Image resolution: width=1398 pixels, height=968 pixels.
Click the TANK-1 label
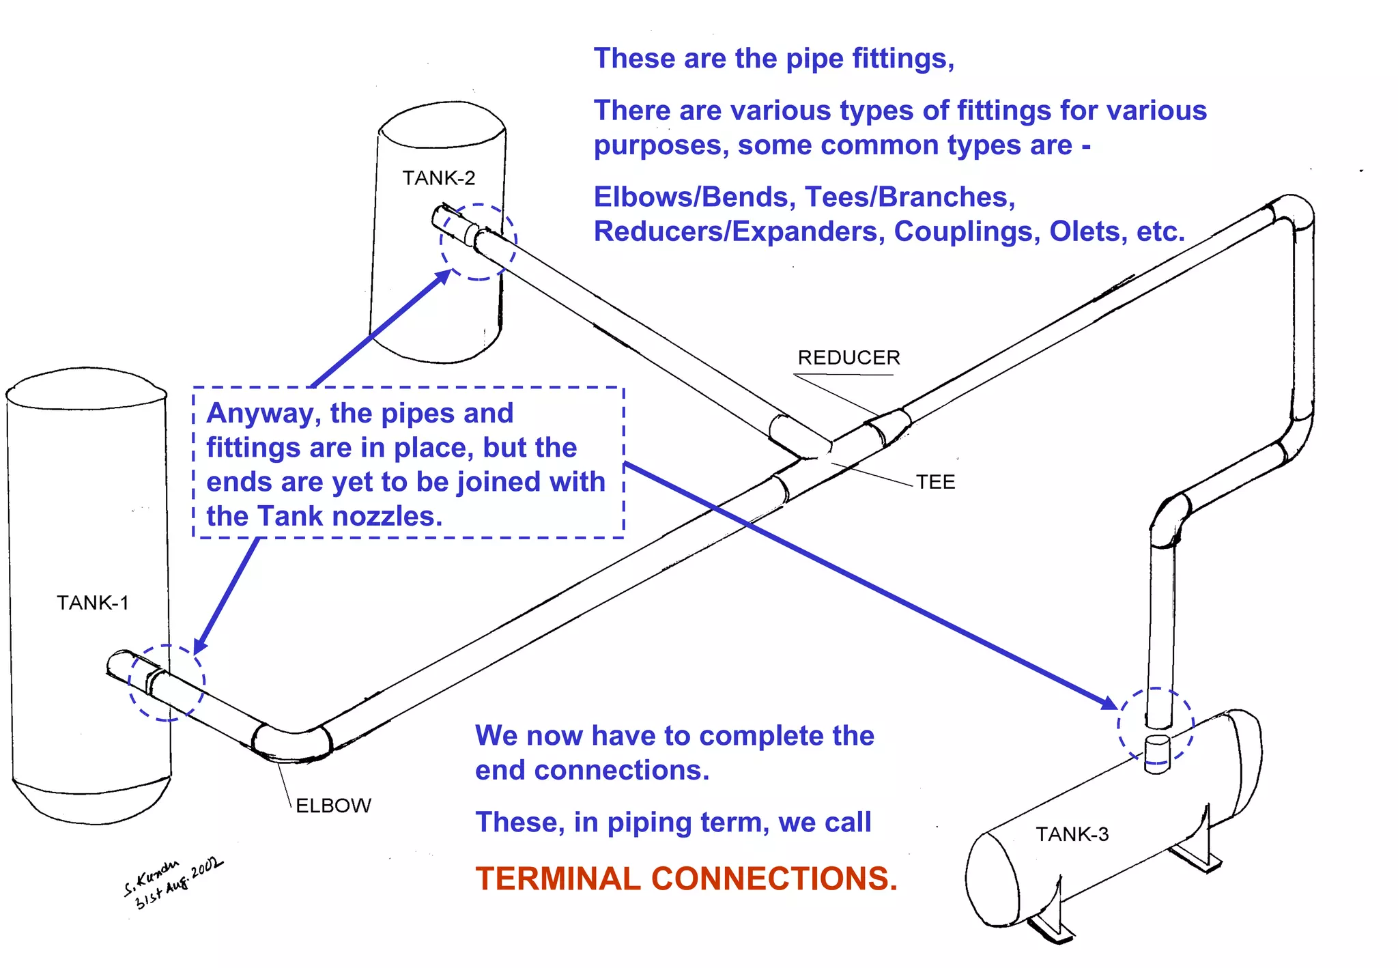92,603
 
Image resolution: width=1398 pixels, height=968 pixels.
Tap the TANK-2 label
438,178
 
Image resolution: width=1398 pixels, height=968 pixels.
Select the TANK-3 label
1072,834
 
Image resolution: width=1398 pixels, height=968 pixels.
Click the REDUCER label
848,358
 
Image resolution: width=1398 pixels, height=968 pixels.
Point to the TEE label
935,482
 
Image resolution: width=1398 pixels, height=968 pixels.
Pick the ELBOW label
333,806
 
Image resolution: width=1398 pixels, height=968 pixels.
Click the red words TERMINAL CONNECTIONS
686,879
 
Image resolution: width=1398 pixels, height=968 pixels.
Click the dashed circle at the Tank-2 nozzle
478,242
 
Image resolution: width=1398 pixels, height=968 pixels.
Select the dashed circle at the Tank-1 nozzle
167,683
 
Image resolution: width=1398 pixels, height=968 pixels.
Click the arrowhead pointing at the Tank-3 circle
1109,703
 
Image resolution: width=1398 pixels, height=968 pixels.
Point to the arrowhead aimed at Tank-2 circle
443,276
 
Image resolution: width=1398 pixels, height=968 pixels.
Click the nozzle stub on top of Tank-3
1157,754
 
